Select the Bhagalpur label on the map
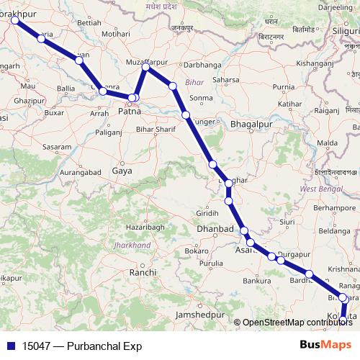pyautogui.click(x=248, y=124)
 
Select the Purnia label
pyautogui.click(x=284, y=87)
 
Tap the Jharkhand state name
pyautogui.click(x=132, y=246)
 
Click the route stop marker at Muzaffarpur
pyautogui.click(x=146, y=67)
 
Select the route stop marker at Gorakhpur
pyautogui.click(x=14, y=21)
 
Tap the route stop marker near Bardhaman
pyautogui.click(x=309, y=274)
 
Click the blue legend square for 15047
pyautogui.click(x=9, y=346)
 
